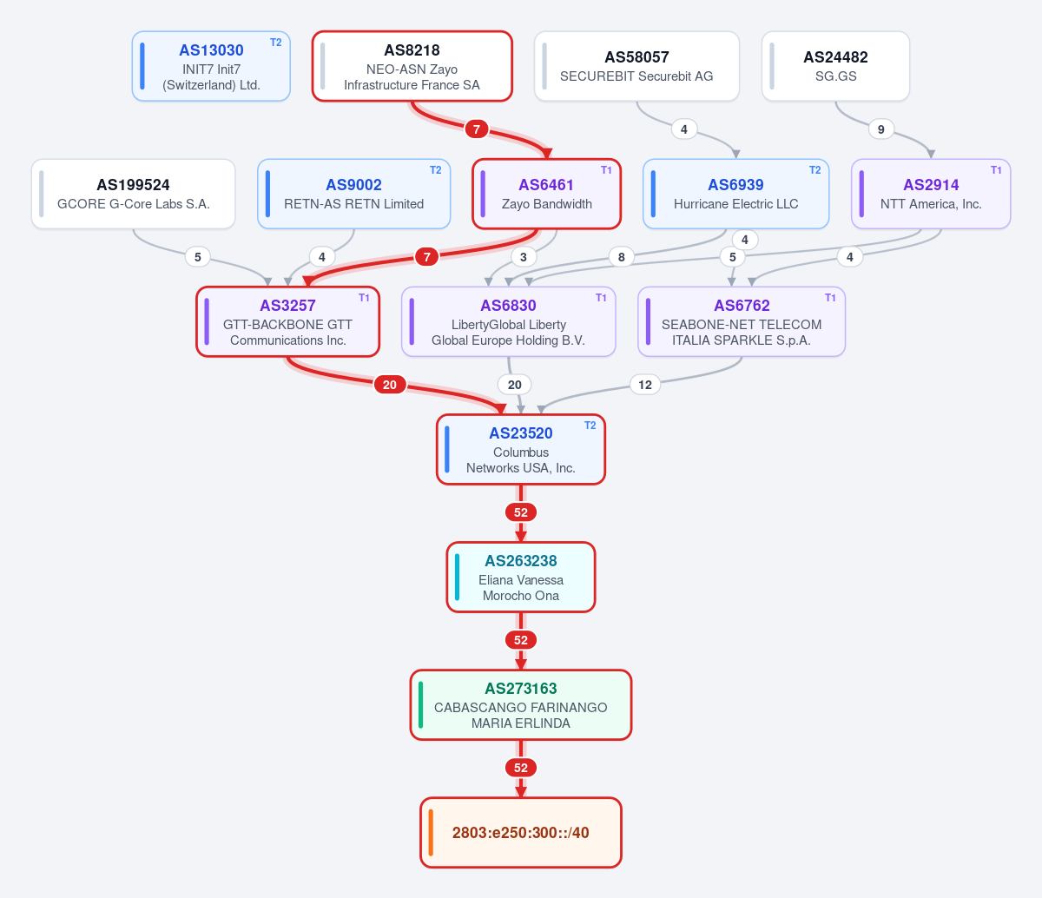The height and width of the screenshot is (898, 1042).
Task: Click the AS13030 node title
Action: (x=211, y=50)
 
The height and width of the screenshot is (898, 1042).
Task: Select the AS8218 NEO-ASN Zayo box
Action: (x=412, y=66)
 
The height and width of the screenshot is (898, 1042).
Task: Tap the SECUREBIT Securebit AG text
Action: (x=636, y=76)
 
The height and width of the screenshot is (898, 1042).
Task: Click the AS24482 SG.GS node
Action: (x=835, y=66)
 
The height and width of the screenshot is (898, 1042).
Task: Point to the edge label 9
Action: (x=880, y=129)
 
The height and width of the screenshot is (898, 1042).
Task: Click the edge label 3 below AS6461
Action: (x=524, y=257)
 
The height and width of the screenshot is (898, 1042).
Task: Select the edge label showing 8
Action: (x=621, y=257)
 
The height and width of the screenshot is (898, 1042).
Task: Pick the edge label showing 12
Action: (x=645, y=385)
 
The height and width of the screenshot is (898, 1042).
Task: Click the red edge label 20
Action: (x=389, y=385)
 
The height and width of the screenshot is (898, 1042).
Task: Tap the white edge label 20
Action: (x=514, y=385)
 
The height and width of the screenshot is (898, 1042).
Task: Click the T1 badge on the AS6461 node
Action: (x=606, y=170)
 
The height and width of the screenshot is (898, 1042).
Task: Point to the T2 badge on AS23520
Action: (x=590, y=426)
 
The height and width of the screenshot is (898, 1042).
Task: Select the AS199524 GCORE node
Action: (x=133, y=195)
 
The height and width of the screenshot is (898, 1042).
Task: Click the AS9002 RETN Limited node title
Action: (x=353, y=185)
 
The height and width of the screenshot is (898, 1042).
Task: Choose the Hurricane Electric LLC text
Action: (x=735, y=204)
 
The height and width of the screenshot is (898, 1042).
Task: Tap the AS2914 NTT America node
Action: (x=931, y=195)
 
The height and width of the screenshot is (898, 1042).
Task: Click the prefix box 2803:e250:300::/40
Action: (x=521, y=833)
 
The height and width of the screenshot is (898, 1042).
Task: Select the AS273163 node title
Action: (x=520, y=688)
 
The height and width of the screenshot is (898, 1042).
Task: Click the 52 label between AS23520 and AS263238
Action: (x=521, y=512)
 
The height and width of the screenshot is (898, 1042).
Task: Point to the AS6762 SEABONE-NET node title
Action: (x=742, y=306)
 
